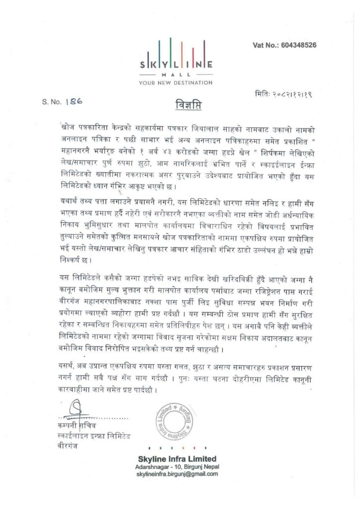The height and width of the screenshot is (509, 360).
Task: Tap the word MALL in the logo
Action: point(177,74)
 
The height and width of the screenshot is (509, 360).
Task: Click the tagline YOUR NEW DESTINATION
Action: point(176,82)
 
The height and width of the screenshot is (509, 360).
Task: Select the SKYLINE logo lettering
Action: point(177,64)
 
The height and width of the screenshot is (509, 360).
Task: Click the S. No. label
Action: point(52,101)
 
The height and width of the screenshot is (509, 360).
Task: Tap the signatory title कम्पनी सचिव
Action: point(79,426)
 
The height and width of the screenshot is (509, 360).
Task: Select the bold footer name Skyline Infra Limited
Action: point(177,458)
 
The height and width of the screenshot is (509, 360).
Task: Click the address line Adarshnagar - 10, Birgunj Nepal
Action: point(177,467)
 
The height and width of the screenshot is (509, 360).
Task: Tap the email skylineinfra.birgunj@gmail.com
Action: point(177,474)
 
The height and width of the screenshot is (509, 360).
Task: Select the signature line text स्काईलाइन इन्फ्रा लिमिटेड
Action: point(93,435)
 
